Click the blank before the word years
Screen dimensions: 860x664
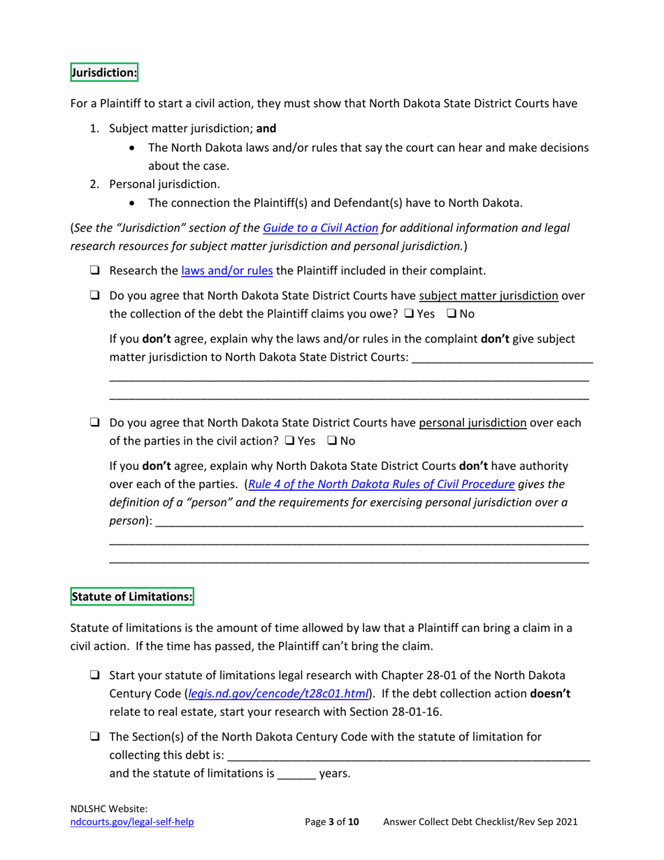click(298, 775)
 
